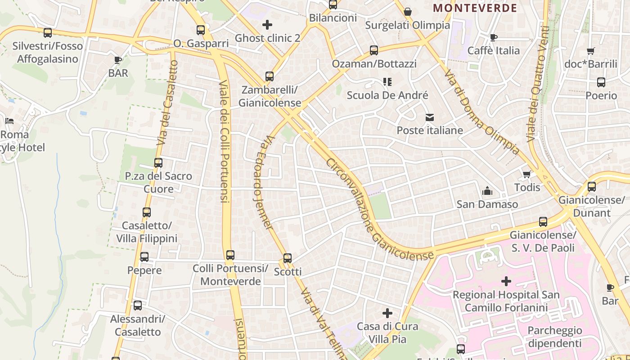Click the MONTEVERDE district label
[x=475, y=8]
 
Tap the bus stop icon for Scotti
[x=288, y=258]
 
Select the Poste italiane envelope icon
[x=430, y=117]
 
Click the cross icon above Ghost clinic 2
[x=267, y=25]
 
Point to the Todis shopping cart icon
[x=526, y=174]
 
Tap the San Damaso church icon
[x=487, y=191]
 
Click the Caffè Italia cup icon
[x=494, y=37]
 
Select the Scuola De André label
[x=387, y=95]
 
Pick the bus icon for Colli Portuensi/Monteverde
[x=230, y=255]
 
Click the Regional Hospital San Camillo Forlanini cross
[x=506, y=282]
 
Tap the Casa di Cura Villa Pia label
[x=387, y=332]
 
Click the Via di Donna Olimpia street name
[x=482, y=112]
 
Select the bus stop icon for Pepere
[x=144, y=257]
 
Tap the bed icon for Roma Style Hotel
[x=9, y=121]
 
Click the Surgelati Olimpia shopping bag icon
[x=408, y=12]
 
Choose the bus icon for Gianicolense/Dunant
[x=592, y=186]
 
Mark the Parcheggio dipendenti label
[x=555, y=337]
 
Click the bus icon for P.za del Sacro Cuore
[x=158, y=163]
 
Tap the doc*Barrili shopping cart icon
[x=591, y=51]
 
